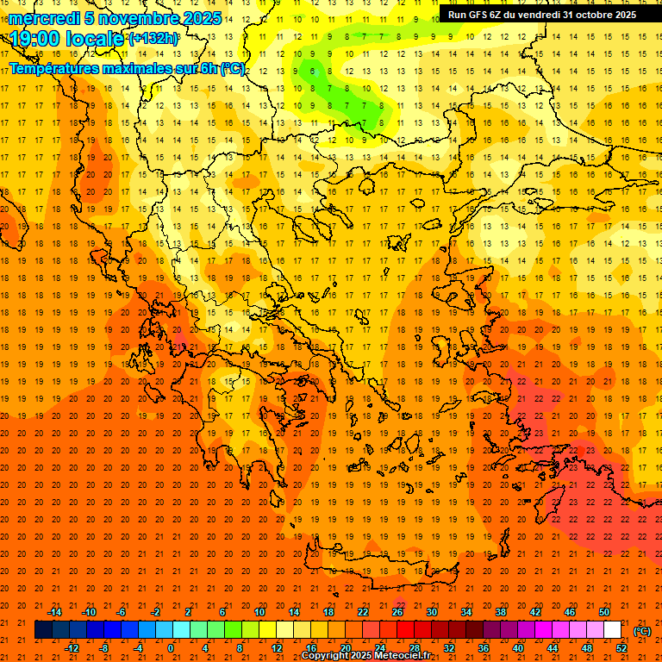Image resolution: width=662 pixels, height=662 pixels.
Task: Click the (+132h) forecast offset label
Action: coord(153,39)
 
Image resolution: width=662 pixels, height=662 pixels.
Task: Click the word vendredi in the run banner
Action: coord(540,15)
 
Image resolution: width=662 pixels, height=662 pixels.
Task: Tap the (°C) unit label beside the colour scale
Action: coord(642,631)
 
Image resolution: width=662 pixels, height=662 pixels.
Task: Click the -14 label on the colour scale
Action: coord(54,612)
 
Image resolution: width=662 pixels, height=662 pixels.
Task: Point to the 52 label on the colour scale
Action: coord(621,648)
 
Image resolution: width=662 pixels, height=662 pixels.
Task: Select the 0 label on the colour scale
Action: coord(171,648)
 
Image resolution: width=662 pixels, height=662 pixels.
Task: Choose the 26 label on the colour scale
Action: coord(397,612)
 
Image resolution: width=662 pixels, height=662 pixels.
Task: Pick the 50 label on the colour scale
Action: coord(604,612)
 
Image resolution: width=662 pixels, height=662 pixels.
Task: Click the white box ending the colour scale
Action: coord(612,630)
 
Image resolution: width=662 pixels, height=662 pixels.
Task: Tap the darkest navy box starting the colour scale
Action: coord(43,630)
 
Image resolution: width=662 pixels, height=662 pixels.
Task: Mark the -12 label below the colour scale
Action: coord(72,648)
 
